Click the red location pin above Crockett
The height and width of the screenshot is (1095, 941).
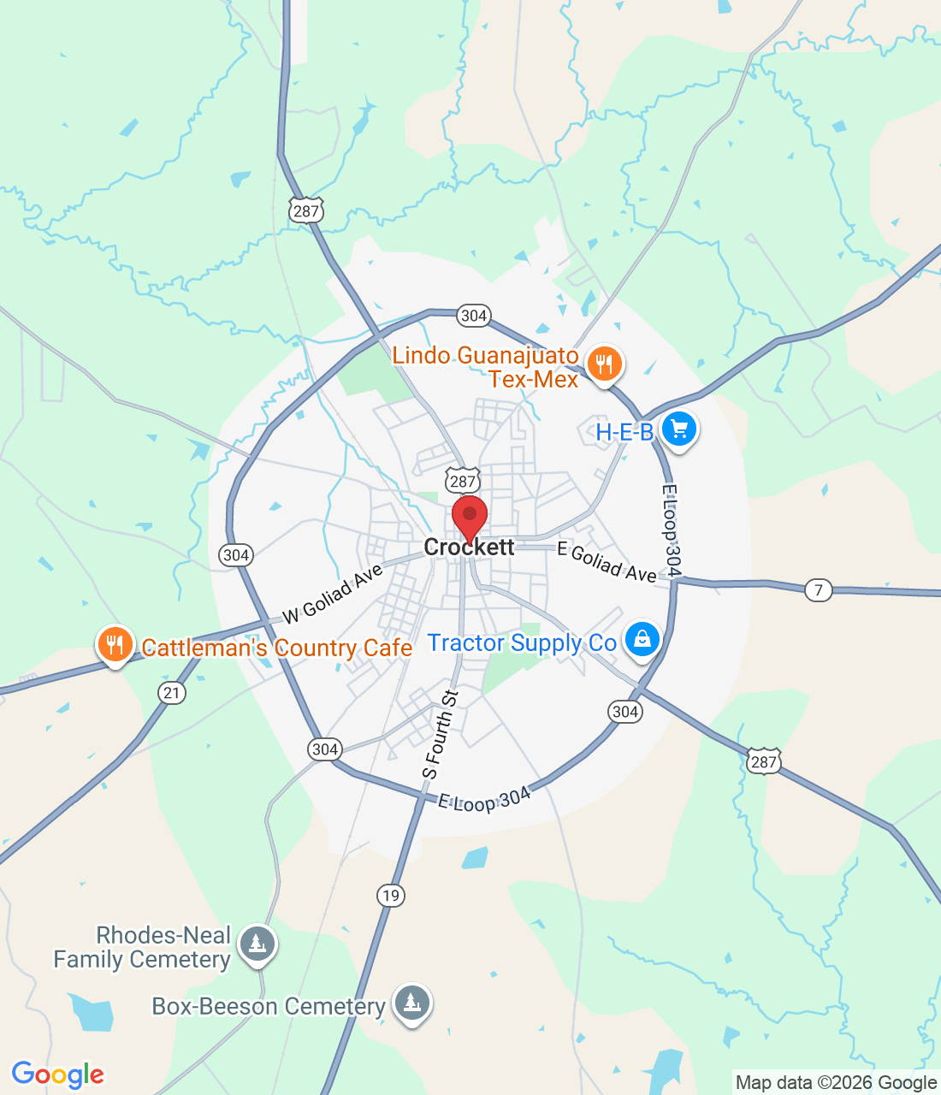click(x=470, y=517)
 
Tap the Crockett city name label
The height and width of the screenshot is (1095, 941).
click(x=470, y=547)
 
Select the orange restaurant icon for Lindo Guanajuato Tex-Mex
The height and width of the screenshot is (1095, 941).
click(x=605, y=364)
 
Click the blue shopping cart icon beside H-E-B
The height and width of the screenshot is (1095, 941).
click(x=679, y=429)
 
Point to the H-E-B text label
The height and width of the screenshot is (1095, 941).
click(x=624, y=432)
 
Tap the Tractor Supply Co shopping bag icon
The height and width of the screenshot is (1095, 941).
click(x=642, y=639)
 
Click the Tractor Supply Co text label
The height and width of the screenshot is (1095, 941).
click(x=522, y=643)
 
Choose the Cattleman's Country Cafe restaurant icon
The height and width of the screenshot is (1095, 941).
click(x=115, y=644)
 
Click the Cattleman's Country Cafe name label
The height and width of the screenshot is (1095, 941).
click(x=277, y=648)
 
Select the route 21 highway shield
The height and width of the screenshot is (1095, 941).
click(x=172, y=692)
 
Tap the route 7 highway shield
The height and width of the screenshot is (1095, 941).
click(x=819, y=589)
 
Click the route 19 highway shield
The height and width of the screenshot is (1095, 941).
click(x=391, y=896)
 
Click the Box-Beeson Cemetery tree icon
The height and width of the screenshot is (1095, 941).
click(x=412, y=1002)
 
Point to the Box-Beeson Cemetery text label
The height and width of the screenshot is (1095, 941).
click(x=269, y=1007)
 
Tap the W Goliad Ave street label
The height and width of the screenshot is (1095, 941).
click(x=332, y=594)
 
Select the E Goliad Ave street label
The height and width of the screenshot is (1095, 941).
click(x=607, y=562)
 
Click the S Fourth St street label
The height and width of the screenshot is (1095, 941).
click(x=441, y=735)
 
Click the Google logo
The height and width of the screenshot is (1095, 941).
click(x=57, y=1074)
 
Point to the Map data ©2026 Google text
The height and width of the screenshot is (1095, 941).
click(x=836, y=1083)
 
